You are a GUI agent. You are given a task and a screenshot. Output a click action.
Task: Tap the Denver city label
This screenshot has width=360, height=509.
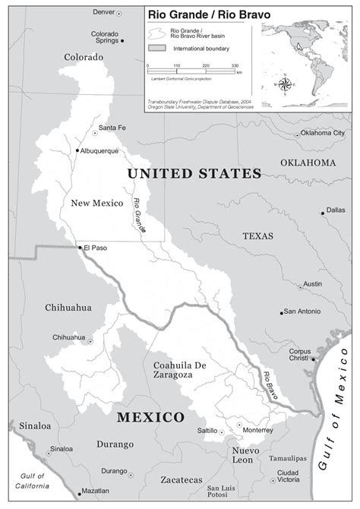[104, 12]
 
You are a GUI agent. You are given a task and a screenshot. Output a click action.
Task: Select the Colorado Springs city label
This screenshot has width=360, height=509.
[105, 38]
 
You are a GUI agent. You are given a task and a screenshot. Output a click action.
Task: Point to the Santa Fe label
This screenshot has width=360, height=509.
[112, 127]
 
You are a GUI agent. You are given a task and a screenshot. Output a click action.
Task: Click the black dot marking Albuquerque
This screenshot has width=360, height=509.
[77, 150]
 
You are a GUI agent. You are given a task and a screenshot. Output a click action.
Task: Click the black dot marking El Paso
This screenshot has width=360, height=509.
[79, 247]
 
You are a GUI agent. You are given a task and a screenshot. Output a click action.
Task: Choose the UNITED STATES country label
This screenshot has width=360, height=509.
[194, 174]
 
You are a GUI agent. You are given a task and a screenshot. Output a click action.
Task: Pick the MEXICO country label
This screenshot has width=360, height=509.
[150, 418]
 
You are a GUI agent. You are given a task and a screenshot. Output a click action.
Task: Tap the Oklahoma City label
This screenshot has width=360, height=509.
[323, 133]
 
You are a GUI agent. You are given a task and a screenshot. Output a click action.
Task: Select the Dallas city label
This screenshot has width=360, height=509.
[335, 210]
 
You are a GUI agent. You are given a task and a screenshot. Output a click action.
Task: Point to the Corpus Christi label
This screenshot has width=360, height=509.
[299, 355]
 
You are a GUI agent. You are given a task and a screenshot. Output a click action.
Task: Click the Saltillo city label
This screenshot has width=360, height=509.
[207, 430]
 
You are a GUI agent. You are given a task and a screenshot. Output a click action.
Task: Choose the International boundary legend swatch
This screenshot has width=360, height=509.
[157, 48]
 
